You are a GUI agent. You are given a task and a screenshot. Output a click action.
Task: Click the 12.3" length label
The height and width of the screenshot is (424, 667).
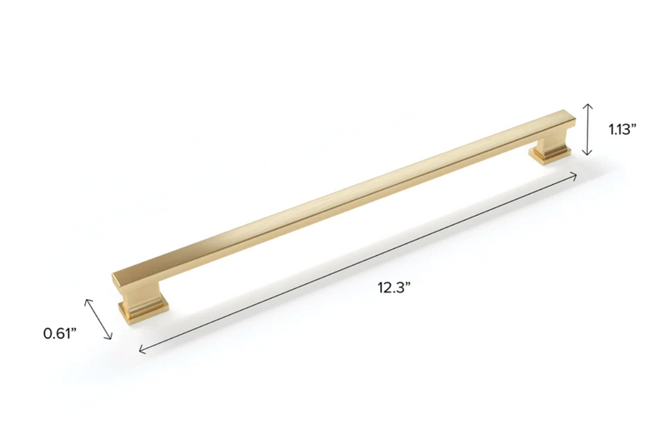[394, 288]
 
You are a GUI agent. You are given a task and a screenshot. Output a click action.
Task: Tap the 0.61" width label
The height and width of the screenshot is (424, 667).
[60, 333]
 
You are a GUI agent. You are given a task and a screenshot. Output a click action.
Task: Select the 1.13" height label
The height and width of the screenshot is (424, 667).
[622, 128]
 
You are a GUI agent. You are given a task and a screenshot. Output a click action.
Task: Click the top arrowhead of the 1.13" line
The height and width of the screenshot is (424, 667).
[588, 105]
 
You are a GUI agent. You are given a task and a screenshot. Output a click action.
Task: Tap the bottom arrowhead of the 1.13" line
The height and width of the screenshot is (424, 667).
[588, 153]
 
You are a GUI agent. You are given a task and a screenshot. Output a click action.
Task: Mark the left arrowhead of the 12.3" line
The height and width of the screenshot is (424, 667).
[141, 350]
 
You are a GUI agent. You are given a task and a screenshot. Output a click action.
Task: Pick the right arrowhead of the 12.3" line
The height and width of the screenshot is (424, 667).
[575, 174]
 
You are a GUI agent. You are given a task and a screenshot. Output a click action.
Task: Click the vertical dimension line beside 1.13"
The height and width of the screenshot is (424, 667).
[588, 129]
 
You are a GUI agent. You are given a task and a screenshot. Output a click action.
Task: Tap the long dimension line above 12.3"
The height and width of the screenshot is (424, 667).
[359, 262]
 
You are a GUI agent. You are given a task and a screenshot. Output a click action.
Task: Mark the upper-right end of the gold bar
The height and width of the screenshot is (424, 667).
[567, 117]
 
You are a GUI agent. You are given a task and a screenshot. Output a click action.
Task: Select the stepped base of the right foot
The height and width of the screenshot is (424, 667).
[551, 155]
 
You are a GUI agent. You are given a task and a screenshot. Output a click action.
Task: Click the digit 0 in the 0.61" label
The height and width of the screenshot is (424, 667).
[48, 333]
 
